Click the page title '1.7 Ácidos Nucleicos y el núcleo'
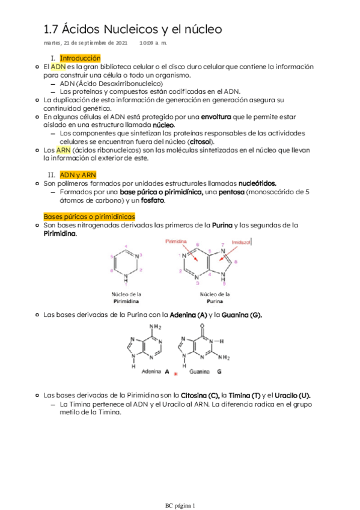tap(133, 29)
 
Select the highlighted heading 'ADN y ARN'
tap(78, 174)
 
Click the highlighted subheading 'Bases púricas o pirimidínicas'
tap(89, 216)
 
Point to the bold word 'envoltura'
tap(216, 116)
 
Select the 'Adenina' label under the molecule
tap(150, 372)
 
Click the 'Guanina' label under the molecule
tap(199, 372)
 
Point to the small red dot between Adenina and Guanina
tap(175, 374)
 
